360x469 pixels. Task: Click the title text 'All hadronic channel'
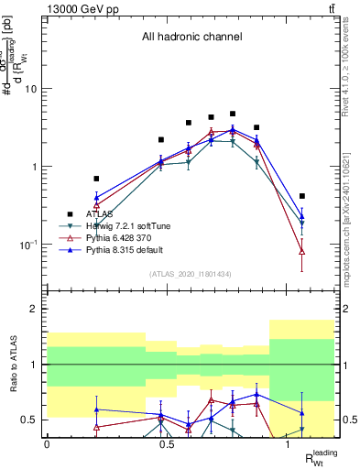tap(191, 38)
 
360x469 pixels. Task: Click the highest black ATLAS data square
tap(233, 114)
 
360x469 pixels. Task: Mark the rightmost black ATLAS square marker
tap(302, 196)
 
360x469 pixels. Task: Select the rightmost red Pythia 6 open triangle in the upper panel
tap(302, 251)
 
